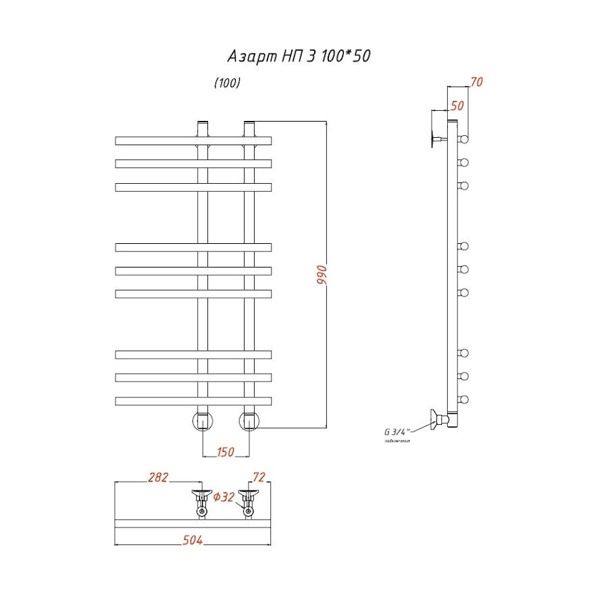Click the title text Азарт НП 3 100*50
[x=297, y=57]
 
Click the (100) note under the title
[x=227, y=84]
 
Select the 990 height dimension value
[x=322, y=276]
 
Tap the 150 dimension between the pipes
[x=226, y=452]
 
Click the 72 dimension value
[x=258, y=478]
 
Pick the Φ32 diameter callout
[x=224, y=497]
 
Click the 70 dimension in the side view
[x=476, y=82]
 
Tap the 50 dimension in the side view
[x=457, y=105]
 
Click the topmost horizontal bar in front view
[x=193, y=141]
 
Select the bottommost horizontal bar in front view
[x=193, y=401]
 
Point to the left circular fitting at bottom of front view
[x=203, y=420]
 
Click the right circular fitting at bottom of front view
[x=249, y=420]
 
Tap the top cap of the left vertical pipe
[x=203, y=124]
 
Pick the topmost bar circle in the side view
[x=465, y=140]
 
